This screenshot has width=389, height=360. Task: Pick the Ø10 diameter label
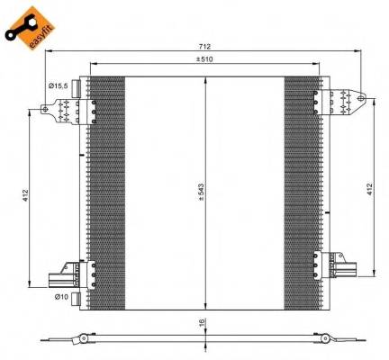pos(60,296)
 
